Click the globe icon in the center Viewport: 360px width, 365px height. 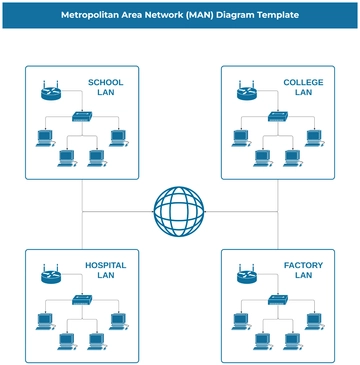tap(179, 210)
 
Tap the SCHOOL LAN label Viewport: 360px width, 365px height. tap(106, 88)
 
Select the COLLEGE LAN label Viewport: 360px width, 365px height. tap(303, 88)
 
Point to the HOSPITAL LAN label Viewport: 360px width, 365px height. tap(106, 271)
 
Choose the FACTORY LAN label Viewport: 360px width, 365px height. tap(303, 271)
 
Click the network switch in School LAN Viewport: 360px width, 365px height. tap(81, 117)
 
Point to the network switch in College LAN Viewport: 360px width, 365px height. tap(277, 117)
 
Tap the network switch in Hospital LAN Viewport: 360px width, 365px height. tap(81, 300)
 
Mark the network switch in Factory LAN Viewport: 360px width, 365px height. tap(277, 300)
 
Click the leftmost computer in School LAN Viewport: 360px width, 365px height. tap(44, 137)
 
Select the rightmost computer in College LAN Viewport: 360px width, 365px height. tap(314, 137)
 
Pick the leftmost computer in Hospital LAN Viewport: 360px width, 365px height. tap(44, 320)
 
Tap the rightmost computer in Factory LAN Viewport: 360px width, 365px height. tap(314, 320)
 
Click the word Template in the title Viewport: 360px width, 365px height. tap(273, 16)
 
